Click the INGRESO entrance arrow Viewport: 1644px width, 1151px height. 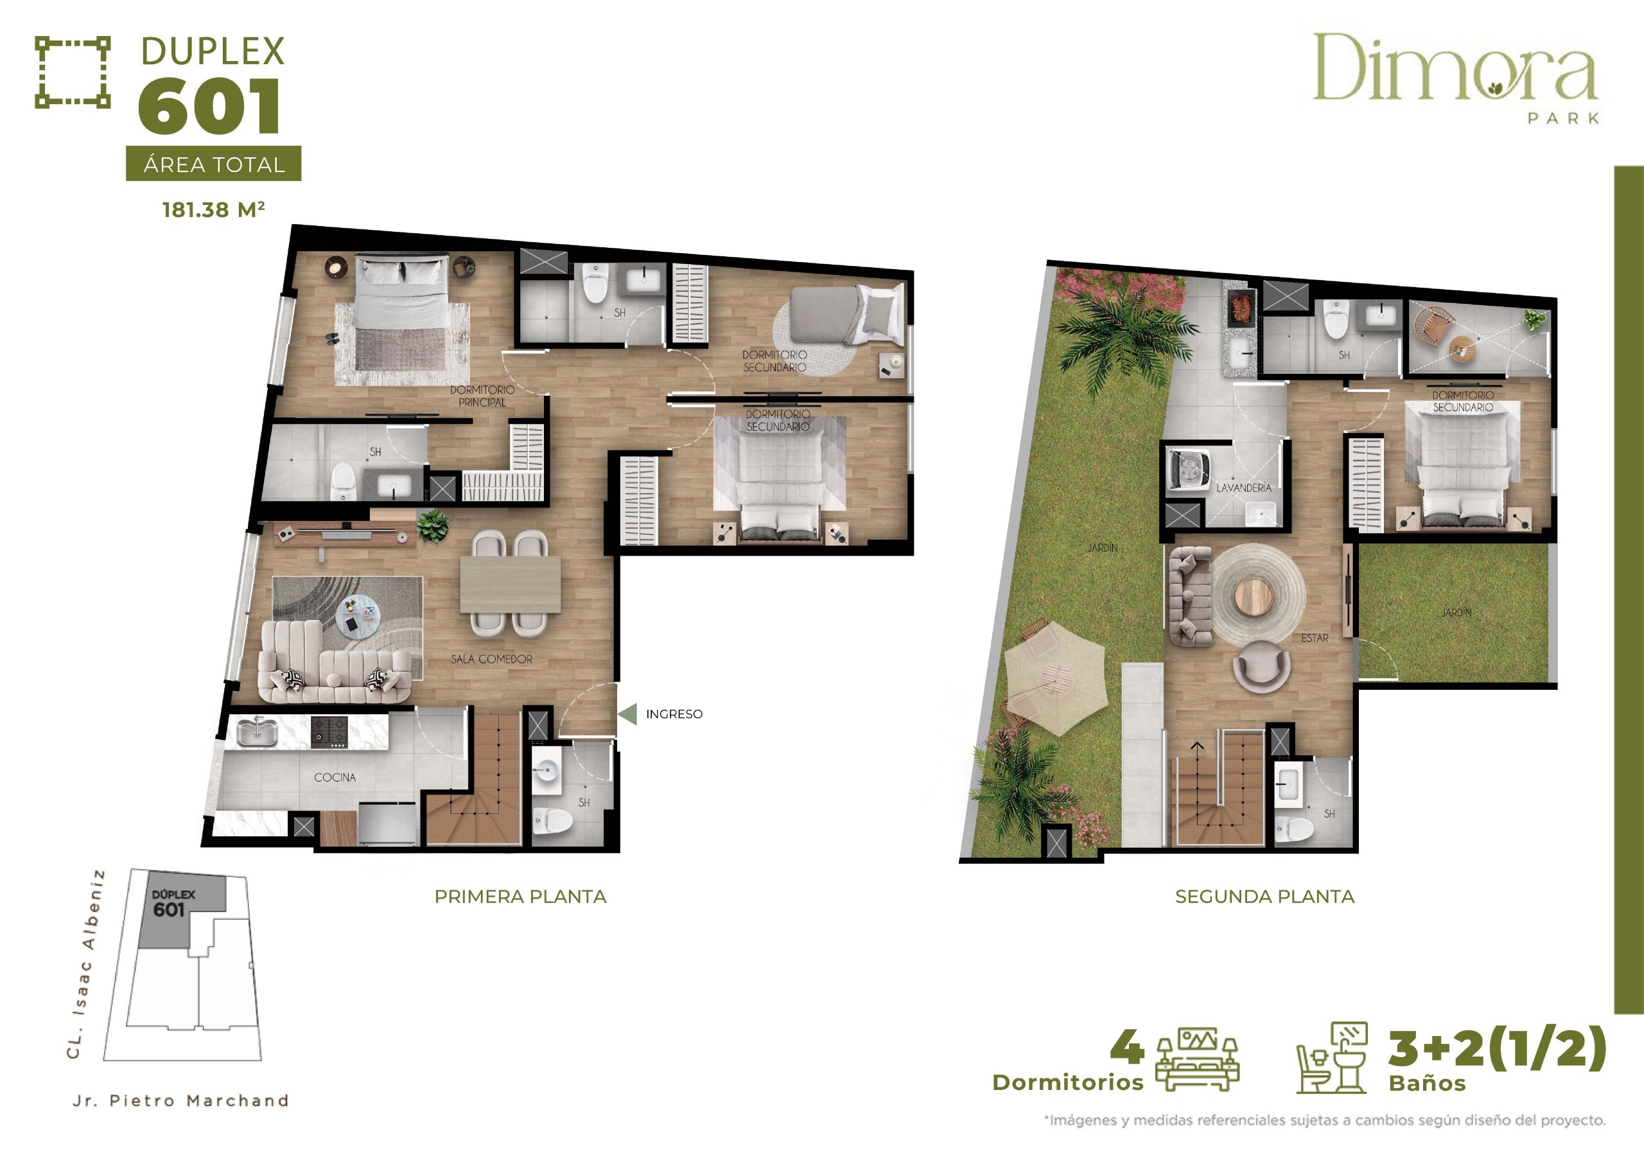(x=627, y=714)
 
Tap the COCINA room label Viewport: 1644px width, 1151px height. (x=335, y=777)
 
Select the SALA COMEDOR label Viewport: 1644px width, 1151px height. (x=491, y=659)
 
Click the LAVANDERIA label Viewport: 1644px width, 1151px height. (x=1244, y=488)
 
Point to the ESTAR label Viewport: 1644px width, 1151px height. (x=1315, y=637)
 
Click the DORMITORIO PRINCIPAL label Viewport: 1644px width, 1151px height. (x=482, y=396)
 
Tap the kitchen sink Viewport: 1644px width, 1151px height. (x=257, y=732)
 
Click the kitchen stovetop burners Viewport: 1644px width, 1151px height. (x=329, y=732)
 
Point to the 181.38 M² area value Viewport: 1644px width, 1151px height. (x=213, y=209)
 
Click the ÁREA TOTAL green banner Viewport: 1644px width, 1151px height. (x=213, y=164)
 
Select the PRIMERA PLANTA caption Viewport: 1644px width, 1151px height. (x=521, y=896)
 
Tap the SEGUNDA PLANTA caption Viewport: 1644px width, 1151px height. (x=1264, y=896)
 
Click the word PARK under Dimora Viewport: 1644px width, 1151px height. (x=1563, y=118)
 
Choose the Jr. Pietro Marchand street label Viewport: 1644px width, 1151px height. (x=180, y=1100)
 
